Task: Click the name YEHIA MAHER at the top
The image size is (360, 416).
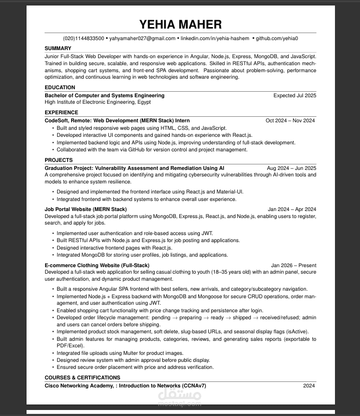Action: [x=180, y=25]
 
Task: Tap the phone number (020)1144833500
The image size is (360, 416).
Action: [x=83, y=39]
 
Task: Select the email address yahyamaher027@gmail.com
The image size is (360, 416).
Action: [x=142, y=39]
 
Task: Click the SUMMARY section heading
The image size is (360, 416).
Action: [x=58, y=49]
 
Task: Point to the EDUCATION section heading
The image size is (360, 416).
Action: [x=60, y=88]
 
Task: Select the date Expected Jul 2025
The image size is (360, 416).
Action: [x=294, y=95]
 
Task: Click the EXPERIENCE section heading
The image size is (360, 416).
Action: [x=62, y=113]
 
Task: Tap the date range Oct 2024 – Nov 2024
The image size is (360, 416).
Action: [x=290, y=121]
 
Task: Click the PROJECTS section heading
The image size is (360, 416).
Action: [x=59, y=160]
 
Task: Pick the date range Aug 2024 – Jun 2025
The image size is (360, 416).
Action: [x=291, y=168]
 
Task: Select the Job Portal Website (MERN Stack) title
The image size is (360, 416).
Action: [x=86, y=210]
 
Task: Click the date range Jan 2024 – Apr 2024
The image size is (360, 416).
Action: [x=292, y=210]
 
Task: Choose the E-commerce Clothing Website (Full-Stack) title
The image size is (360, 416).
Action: [x=97, y=265]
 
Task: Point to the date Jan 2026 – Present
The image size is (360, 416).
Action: [x=293, y=265]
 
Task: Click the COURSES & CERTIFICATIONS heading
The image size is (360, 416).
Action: [x=83, y=378]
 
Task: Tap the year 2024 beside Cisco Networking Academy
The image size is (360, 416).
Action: [x=309, y=386]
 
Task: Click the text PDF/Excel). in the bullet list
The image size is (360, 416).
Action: [x=69, y=346]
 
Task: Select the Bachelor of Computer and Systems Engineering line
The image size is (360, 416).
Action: [x=105, y=95]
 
